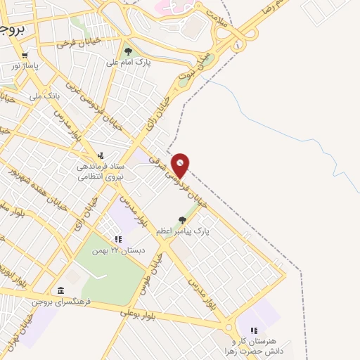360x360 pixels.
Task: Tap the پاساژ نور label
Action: (x=25, y=66)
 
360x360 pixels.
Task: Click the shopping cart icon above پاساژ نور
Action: (x=25, y=56)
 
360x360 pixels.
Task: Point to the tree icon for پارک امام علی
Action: (x=127, y=51)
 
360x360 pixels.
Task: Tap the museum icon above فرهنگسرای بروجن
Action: (x=61, y=290)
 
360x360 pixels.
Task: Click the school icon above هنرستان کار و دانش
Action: (x=253, y=330)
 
